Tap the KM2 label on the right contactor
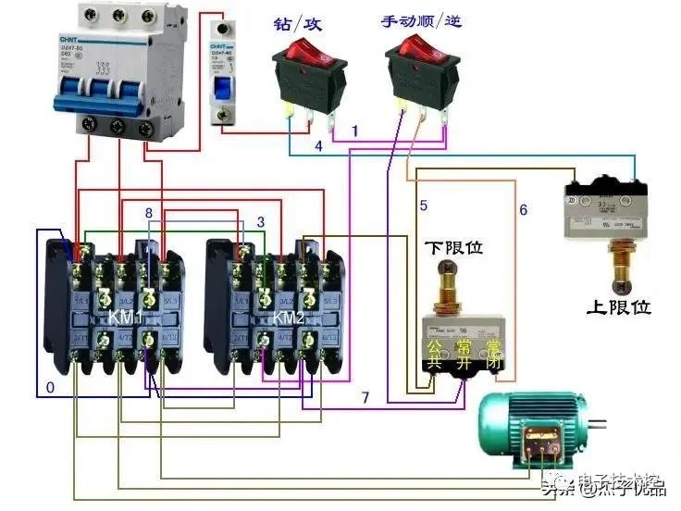(289, 318)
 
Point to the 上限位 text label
(618, 306)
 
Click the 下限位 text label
(454, 248)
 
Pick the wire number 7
(365, 397)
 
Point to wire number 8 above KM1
(148, 215)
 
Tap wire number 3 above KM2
(261, 222)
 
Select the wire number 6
(523, 210)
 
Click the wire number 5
(423, 206)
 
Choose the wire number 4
(317, 146)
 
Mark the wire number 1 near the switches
(354, 132)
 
